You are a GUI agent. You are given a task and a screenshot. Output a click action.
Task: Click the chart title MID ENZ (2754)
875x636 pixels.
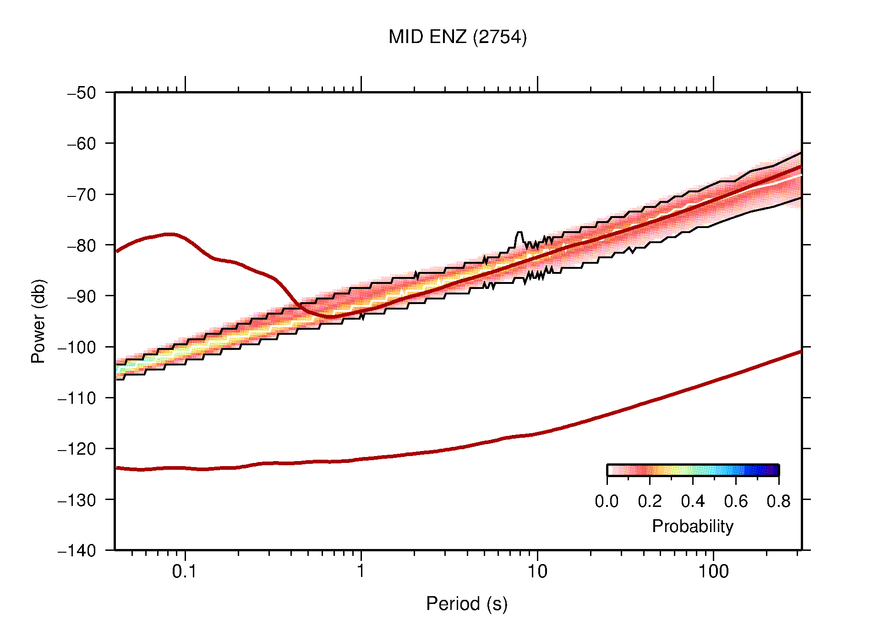457,37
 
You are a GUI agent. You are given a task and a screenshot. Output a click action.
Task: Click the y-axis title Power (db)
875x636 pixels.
38,321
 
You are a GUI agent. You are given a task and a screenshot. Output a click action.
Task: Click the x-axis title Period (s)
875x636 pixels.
466,604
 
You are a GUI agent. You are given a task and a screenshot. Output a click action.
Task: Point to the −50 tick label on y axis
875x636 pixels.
82,93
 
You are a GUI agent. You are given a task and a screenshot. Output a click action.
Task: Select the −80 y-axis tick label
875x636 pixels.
82,245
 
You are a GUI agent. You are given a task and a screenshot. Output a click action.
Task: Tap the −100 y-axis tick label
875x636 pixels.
77,347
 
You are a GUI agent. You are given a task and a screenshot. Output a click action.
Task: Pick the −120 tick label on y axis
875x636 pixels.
77,449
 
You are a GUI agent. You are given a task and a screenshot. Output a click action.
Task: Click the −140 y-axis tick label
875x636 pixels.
77,550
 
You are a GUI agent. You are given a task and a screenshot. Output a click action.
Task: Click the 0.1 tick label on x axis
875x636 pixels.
185,571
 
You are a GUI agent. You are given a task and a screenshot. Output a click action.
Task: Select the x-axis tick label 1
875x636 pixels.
361,571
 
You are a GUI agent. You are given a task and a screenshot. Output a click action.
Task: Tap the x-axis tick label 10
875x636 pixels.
537,571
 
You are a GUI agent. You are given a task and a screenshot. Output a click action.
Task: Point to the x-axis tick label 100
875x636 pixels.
713,571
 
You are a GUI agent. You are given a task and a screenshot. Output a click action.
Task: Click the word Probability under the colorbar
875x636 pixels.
692,527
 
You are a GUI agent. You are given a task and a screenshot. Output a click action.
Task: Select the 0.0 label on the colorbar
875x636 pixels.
607,501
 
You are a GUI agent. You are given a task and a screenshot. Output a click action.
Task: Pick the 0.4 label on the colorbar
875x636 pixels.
693,501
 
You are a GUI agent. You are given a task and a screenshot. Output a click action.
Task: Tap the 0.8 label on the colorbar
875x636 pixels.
778,501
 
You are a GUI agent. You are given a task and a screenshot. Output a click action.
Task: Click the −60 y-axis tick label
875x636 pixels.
82,144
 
